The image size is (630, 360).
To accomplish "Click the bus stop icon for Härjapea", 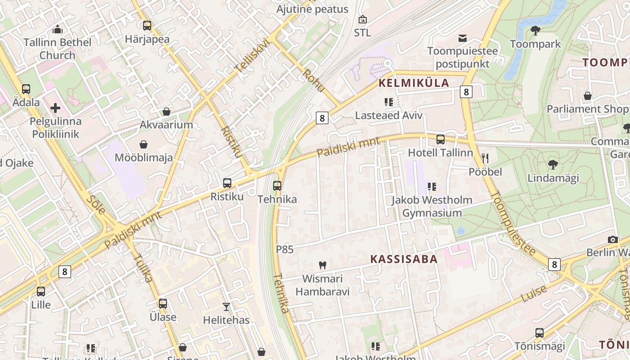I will pos(147,26).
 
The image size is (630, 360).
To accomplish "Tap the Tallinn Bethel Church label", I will pos(57,49).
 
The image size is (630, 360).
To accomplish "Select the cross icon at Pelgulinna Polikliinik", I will pos(55,108).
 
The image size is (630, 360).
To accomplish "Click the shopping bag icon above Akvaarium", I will pos(166,111).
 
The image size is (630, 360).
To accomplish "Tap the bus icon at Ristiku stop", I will pos(227,183).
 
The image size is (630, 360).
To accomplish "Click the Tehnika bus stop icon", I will pos(277,185).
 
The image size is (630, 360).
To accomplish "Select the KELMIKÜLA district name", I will pos(414,83).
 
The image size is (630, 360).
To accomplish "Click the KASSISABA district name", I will pos(404,259).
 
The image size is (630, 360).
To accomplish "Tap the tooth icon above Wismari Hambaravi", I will pos(322,265).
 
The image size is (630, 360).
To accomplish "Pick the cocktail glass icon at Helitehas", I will pos(226,307).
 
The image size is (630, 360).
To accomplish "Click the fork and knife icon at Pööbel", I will pos(485,158).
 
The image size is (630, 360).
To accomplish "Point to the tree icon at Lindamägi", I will pos(553,165).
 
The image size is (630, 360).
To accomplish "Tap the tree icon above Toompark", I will pos(535,31).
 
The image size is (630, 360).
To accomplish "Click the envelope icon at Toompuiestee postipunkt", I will pos(463,38).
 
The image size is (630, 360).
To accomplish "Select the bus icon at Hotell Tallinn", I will pos(441,139).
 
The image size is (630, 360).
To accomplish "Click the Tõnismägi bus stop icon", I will pos(540,333).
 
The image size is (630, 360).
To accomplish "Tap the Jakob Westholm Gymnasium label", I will pos(432,206).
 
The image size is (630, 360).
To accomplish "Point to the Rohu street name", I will pos(314,81).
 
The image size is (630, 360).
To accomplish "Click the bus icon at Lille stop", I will pos(41,292).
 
